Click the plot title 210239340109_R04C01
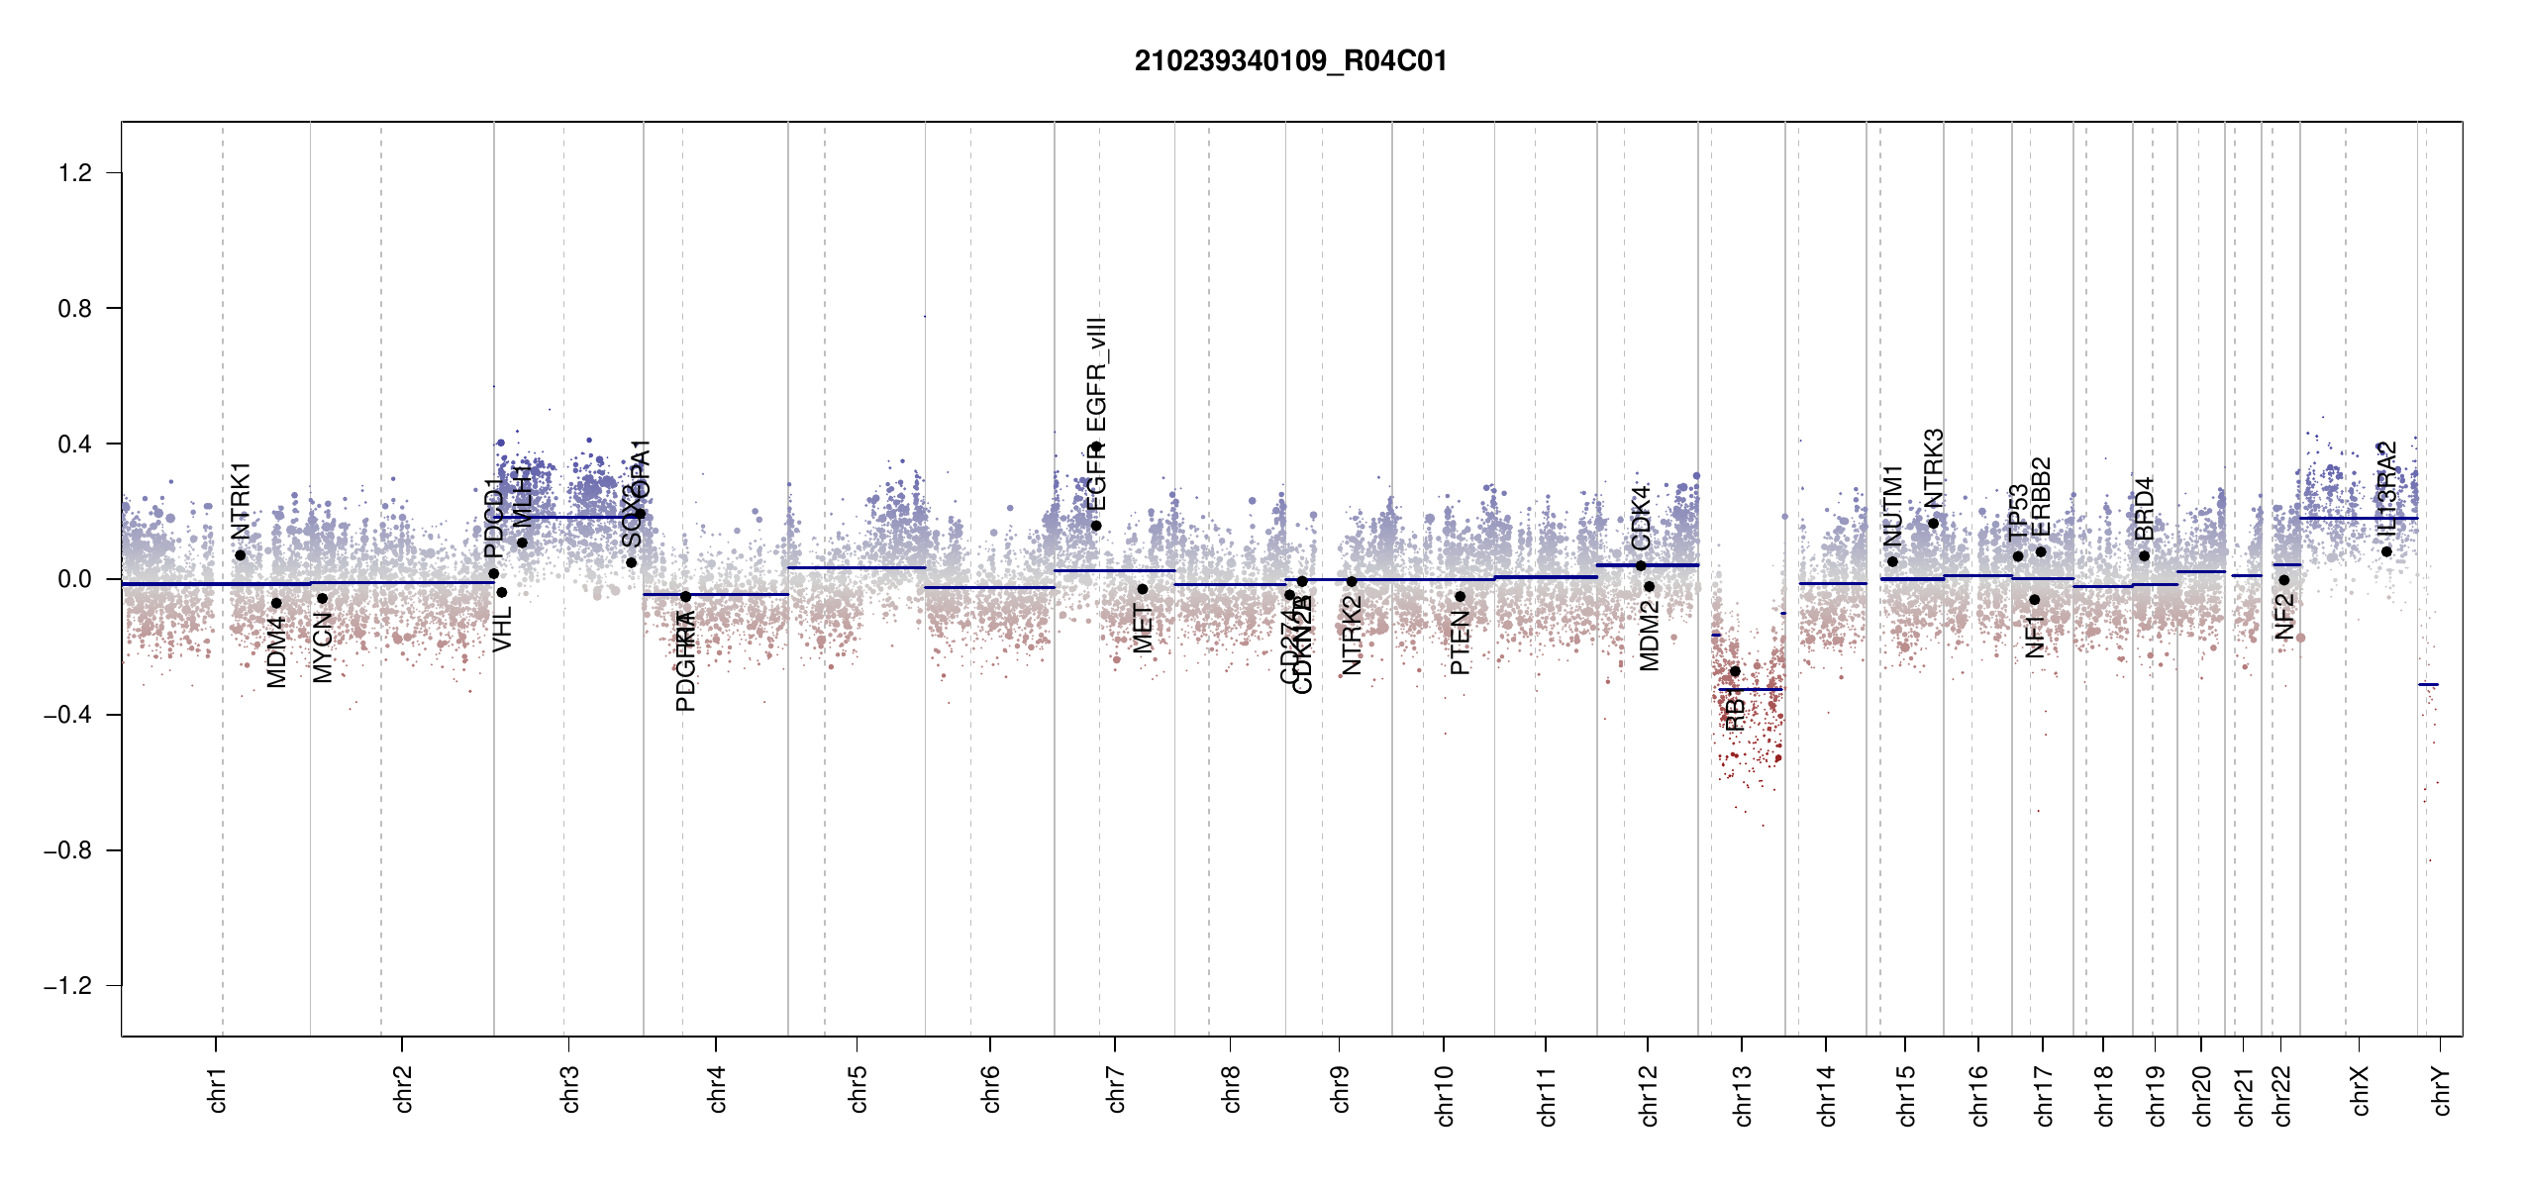tap(1290, 61)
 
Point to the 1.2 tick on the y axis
tap(75, 173)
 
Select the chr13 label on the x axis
tap(1743, 1096)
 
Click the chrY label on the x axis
tap(2442, 1091)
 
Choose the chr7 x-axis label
tap(1116, 1090)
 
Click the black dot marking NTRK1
tap(240, 555)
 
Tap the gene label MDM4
tap(276, 651)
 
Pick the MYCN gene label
tap(322, 647)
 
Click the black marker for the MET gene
tap(1142, 589)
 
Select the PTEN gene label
tap(1460, 643)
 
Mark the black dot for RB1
tap(1735, 671)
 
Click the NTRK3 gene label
tap(1933, 467)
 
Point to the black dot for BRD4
tap(2144, 556)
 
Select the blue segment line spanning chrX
tap(2358, 519)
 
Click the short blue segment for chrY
tap(2428, 684)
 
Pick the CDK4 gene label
tap(1641, 518)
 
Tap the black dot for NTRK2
tap(1352, 581)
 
